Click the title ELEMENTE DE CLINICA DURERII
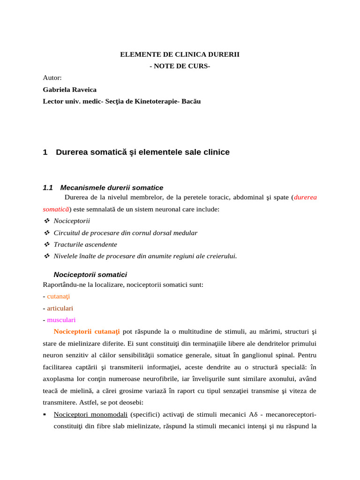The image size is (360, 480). pyautogui.click(x=180, y=54)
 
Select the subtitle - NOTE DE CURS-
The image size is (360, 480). pyautogui.click(x=180, y=66)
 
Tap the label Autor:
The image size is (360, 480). pyautogui.click(x=52, y=78)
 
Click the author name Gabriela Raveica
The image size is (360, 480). pyautogui.click(x=69, y=90)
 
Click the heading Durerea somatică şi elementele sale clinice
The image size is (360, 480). pyautogui.click(x=142, y=152)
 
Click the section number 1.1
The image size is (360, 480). pyautogui.click(x=48, y=187)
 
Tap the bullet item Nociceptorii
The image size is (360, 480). pyautogui.click(x=72, y=221)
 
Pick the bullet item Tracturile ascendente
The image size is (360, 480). pyautogui.click(x=85, y=244)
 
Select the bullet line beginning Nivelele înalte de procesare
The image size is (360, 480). pyautogui.click(x=145, y=256)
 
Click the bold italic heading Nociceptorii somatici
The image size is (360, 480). pyautogui.click(x=90, y=275)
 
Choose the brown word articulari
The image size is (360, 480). pyautogui.click(x=60, y=308)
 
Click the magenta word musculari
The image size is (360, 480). pyautogui.click(x=61, y=320)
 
